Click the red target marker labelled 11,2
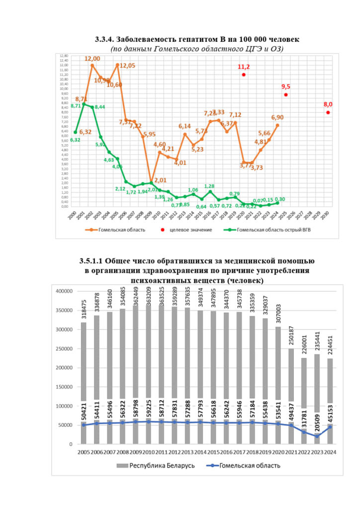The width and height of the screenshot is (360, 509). tap(244, 75)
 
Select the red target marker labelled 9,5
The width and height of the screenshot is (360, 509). tap(286, 95)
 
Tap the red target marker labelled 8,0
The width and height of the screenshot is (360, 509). tap(328, 112)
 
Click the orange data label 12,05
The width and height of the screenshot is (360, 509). tap(128, 66)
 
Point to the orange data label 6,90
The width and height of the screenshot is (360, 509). tap(277, 117)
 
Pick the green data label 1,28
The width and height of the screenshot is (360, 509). tap(209, 186)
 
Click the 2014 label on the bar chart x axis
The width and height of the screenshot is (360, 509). tap(200, 452)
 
